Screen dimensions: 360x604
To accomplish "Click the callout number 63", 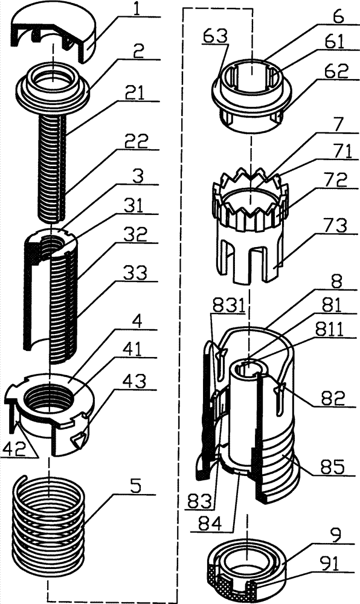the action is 216,37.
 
